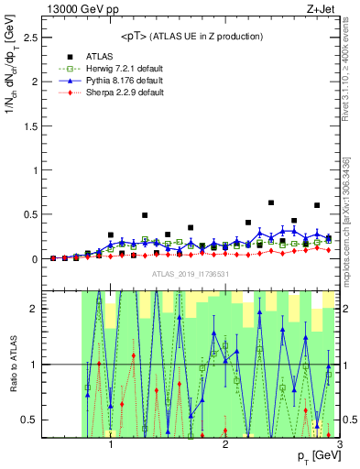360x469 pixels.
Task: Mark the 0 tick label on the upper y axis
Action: [35, 259]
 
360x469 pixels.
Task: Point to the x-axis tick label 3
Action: [339, 445]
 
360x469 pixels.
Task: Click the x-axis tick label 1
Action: [111, 445]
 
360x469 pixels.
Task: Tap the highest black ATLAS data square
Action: [271, 202]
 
